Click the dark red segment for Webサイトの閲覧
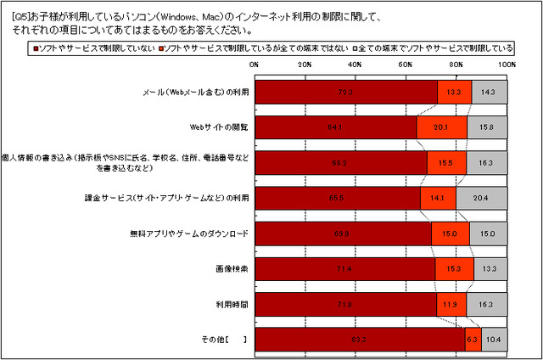[x=335, y=127]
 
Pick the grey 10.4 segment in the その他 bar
[x=494, y=339]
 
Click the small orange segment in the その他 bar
[x=473, y=339]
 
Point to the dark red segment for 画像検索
[x=344, y=268]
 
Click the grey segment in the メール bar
[x=489, y=92]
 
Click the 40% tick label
[x=355, y=65]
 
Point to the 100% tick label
[x=506, y=65]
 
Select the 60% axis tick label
[x=406, y=65]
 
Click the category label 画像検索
[x=230, y=268]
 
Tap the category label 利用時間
[x=230, y=304]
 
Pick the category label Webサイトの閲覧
[x=219, y=127]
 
